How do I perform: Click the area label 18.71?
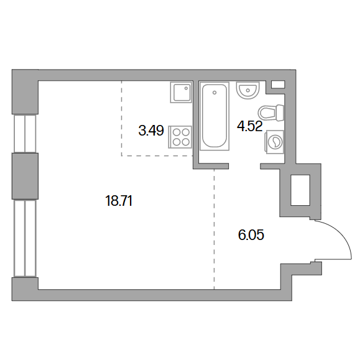coord(119,201)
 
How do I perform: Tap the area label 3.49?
coord(151,131)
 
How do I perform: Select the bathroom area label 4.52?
coord(250,126)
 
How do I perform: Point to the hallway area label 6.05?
coord(251,235)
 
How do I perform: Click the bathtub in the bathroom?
coord(215,116)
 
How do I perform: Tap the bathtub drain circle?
coord(215,93)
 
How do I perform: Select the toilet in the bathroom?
coord(271,113)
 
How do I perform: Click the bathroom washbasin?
coord(247,90)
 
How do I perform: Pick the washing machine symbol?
coord(275,142)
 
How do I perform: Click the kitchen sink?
coord(181,92)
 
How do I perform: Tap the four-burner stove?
coord(180,137)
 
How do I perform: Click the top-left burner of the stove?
coord(177,132)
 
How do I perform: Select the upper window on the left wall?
coord(25,134)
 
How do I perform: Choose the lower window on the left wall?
coord(25,238)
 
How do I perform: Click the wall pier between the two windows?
coord(25,176)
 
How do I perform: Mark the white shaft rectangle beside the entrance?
coord(300,190)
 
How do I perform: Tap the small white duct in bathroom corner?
coord(278,85)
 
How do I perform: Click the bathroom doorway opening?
coord(244,166)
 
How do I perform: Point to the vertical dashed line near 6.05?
coord(214,229)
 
